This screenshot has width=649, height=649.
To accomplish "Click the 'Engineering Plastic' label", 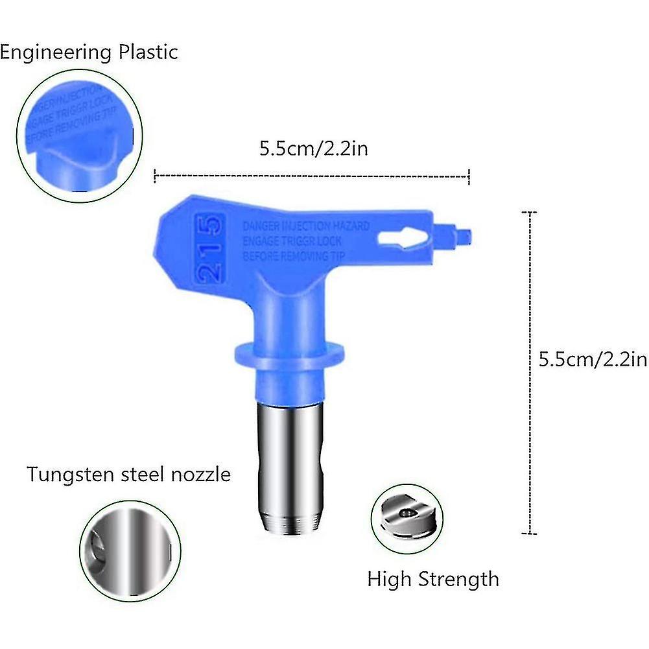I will [x=88, y=52].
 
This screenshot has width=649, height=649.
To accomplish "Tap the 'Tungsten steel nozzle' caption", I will [x=128, y=474].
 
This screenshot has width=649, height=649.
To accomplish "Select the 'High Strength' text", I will [x=433, y=578].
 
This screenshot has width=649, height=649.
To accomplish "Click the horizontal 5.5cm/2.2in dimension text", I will [x=314, y=148].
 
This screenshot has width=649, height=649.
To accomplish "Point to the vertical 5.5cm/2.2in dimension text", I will [x=593, y=359].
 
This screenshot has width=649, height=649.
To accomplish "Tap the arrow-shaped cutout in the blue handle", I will [x=401, y=237].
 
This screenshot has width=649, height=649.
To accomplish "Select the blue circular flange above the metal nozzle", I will [x=289, y=351].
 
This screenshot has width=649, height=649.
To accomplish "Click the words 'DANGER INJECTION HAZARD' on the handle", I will [x=305, y=226].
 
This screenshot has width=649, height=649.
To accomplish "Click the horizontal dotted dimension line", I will [x=311, y=174].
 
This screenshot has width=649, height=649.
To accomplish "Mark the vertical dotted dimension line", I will [x=531, y=373].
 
